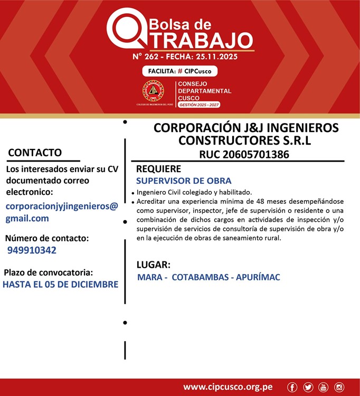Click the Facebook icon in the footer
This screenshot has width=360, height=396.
292,387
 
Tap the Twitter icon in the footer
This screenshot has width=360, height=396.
308,387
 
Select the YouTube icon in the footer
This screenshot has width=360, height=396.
324,387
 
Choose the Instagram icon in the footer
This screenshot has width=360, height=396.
339,387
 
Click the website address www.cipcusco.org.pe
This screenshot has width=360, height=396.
228,387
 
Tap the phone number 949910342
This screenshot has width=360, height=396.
32,250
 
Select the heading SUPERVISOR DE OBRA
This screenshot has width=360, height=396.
184,181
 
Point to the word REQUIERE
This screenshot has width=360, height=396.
158,168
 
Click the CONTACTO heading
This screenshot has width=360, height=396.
35,153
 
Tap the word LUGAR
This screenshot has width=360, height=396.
153,265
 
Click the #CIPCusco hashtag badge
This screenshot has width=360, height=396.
179,71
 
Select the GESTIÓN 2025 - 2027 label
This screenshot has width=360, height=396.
199,105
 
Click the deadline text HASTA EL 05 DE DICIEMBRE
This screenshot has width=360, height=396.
60,285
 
